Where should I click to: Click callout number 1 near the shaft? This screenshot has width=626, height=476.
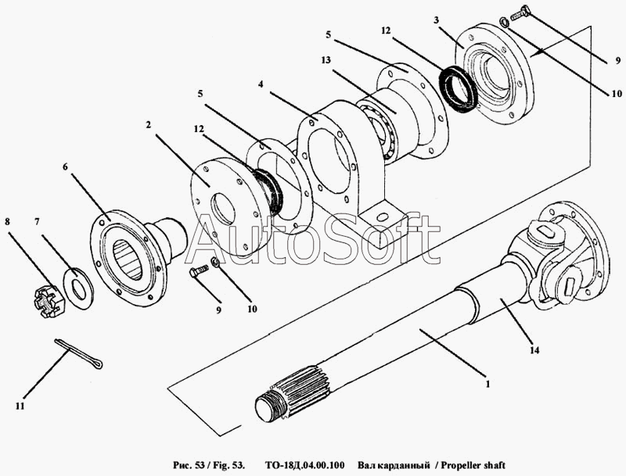[x=487, y=384]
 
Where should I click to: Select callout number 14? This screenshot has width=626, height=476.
[x=534, y=351]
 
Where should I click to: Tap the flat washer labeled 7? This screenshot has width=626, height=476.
[x=77, y=281]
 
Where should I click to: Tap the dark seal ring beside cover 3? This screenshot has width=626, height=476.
[x=458, y=90]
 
